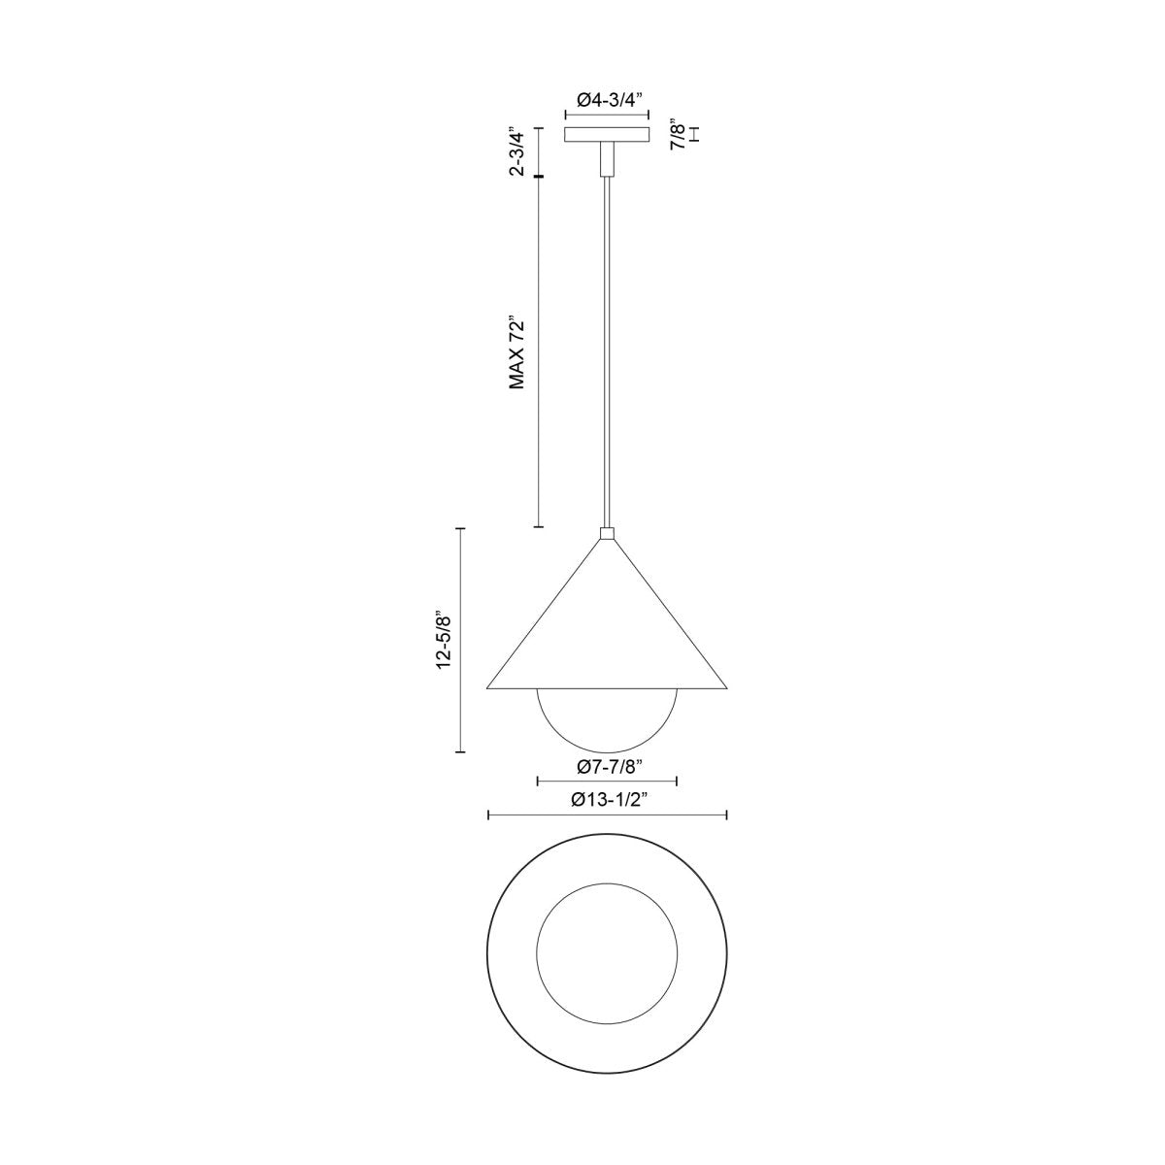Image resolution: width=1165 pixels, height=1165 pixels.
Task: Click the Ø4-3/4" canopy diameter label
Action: coord(608,99)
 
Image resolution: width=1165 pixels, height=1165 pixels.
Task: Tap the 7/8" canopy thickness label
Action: coord(681,135)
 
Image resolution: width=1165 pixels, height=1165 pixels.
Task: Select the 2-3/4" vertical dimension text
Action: coord(518,151)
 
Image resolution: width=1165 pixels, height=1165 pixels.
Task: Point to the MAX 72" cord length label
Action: coord(518,352)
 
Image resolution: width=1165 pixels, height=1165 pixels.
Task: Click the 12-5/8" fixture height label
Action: coord(444,640)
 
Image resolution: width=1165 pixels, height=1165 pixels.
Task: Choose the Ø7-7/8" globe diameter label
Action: coord(607,767)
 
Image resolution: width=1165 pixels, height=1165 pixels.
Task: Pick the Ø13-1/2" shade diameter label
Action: coord(607,801)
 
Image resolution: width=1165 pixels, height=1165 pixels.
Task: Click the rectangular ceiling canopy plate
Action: coord(608,135)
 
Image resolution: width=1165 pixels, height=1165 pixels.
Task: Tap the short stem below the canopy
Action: coord(608,158)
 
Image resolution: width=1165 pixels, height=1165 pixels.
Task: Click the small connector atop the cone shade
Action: coord(608,533)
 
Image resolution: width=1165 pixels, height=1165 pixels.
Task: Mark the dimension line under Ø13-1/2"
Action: coord(607,816)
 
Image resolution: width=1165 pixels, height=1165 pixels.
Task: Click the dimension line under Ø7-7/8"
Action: coord(607,782)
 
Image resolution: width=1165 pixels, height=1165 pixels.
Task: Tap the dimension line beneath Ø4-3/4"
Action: coord(608,115)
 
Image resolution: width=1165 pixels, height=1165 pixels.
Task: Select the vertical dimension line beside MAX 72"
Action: coord(539,352)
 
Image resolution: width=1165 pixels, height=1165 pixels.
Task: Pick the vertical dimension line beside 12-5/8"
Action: coord(461,640)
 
